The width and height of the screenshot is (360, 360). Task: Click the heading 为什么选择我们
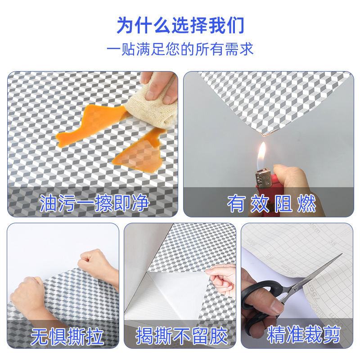(180, 26)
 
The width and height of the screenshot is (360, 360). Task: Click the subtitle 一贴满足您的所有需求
(180, 49)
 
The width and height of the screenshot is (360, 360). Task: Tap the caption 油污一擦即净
(94, 203)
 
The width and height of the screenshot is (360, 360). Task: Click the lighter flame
(261, 153)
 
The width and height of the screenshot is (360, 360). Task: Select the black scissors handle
(261, 297)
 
